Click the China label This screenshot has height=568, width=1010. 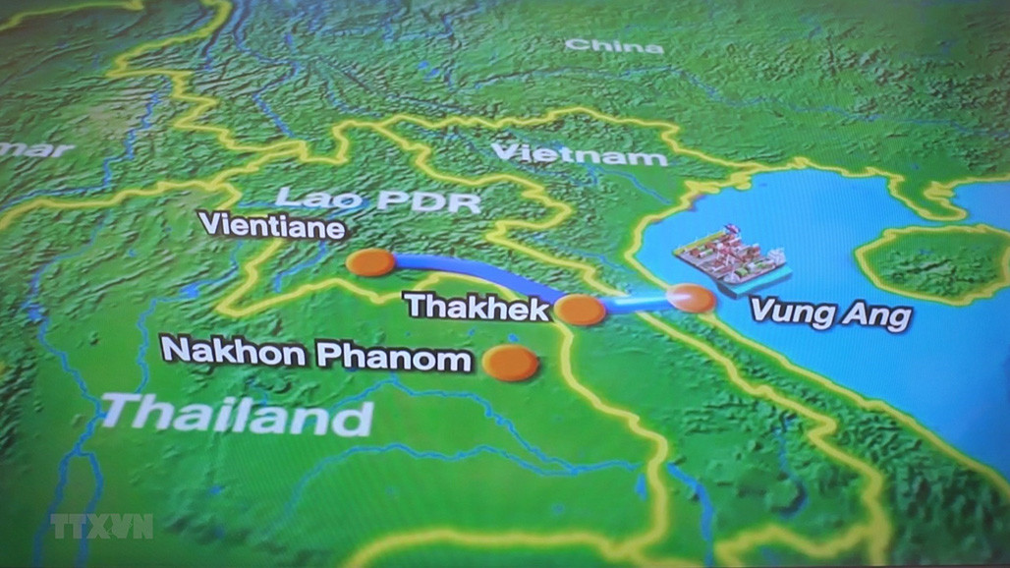tap(614, 45)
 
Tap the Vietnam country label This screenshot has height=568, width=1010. tap(579, 154)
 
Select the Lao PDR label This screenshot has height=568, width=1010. tap(378, 200)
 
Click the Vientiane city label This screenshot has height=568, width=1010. tap(272, 227)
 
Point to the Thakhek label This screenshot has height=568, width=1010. tap(477, 307)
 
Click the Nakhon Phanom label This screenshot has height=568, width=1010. tap(316, 354)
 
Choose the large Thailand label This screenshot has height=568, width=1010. tap(237, 414)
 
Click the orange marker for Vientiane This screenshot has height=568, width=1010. tap(370, 263)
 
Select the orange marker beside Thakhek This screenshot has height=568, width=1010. tap(581, 311)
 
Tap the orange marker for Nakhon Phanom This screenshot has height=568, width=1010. tap(511, 363)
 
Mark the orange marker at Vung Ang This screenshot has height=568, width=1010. tap(691, 298)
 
